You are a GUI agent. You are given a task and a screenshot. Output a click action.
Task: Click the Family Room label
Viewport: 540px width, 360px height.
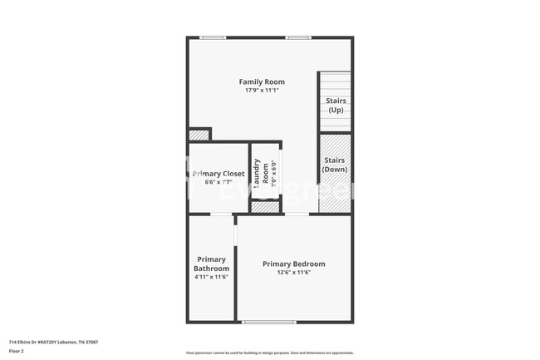click(x=262, y=81)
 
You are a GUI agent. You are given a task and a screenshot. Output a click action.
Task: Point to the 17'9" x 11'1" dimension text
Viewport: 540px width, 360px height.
click(x=262, y=91)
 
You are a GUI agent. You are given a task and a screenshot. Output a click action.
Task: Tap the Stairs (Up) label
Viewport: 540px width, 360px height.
click(x=336, y=106)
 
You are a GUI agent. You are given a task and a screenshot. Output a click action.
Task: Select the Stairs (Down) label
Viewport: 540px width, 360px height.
click(x=336, y=165)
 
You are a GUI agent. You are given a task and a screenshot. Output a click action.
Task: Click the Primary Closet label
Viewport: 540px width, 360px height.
click(x=218, y=174)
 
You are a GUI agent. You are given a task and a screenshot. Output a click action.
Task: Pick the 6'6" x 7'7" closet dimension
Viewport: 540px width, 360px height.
click(x=218, y=182)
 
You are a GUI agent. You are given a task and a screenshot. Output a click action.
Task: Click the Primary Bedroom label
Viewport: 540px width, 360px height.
click(x=294, y=264)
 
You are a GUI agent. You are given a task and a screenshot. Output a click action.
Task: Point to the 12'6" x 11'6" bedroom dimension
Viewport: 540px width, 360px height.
click(x=294, y=273)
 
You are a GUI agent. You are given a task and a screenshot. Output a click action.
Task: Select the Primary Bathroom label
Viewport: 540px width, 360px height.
click(x=211, y=264)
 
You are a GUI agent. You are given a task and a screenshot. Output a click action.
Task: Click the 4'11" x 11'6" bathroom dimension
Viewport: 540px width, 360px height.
click(x=211, y=277)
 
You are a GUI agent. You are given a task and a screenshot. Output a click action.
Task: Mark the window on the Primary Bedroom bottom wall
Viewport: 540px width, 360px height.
click(x=268, y=322)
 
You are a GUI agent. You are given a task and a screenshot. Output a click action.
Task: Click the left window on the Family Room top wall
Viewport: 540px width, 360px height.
click(x=213, y=37)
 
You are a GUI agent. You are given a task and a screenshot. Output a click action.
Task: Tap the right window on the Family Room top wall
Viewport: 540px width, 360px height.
click(x=298, y=37)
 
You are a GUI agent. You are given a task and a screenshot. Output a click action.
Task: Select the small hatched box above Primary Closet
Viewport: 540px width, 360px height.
click(x=199, y=135)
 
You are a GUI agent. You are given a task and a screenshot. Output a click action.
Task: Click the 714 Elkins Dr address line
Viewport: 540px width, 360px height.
click(x=53, y=342)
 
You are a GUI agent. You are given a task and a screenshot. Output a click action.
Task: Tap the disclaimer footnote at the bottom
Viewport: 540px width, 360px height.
click(x=269, y=353)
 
